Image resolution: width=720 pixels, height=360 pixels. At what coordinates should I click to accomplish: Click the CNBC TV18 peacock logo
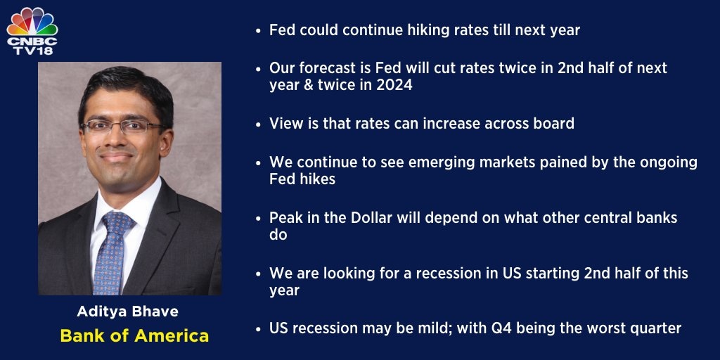32,31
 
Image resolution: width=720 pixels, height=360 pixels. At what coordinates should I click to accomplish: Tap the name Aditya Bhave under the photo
128,311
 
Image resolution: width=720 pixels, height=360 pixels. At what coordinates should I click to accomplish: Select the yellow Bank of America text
134,335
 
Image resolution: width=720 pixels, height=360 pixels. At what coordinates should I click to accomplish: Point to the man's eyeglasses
123,126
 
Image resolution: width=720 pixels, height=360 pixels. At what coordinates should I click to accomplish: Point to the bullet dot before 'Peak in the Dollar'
259,219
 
